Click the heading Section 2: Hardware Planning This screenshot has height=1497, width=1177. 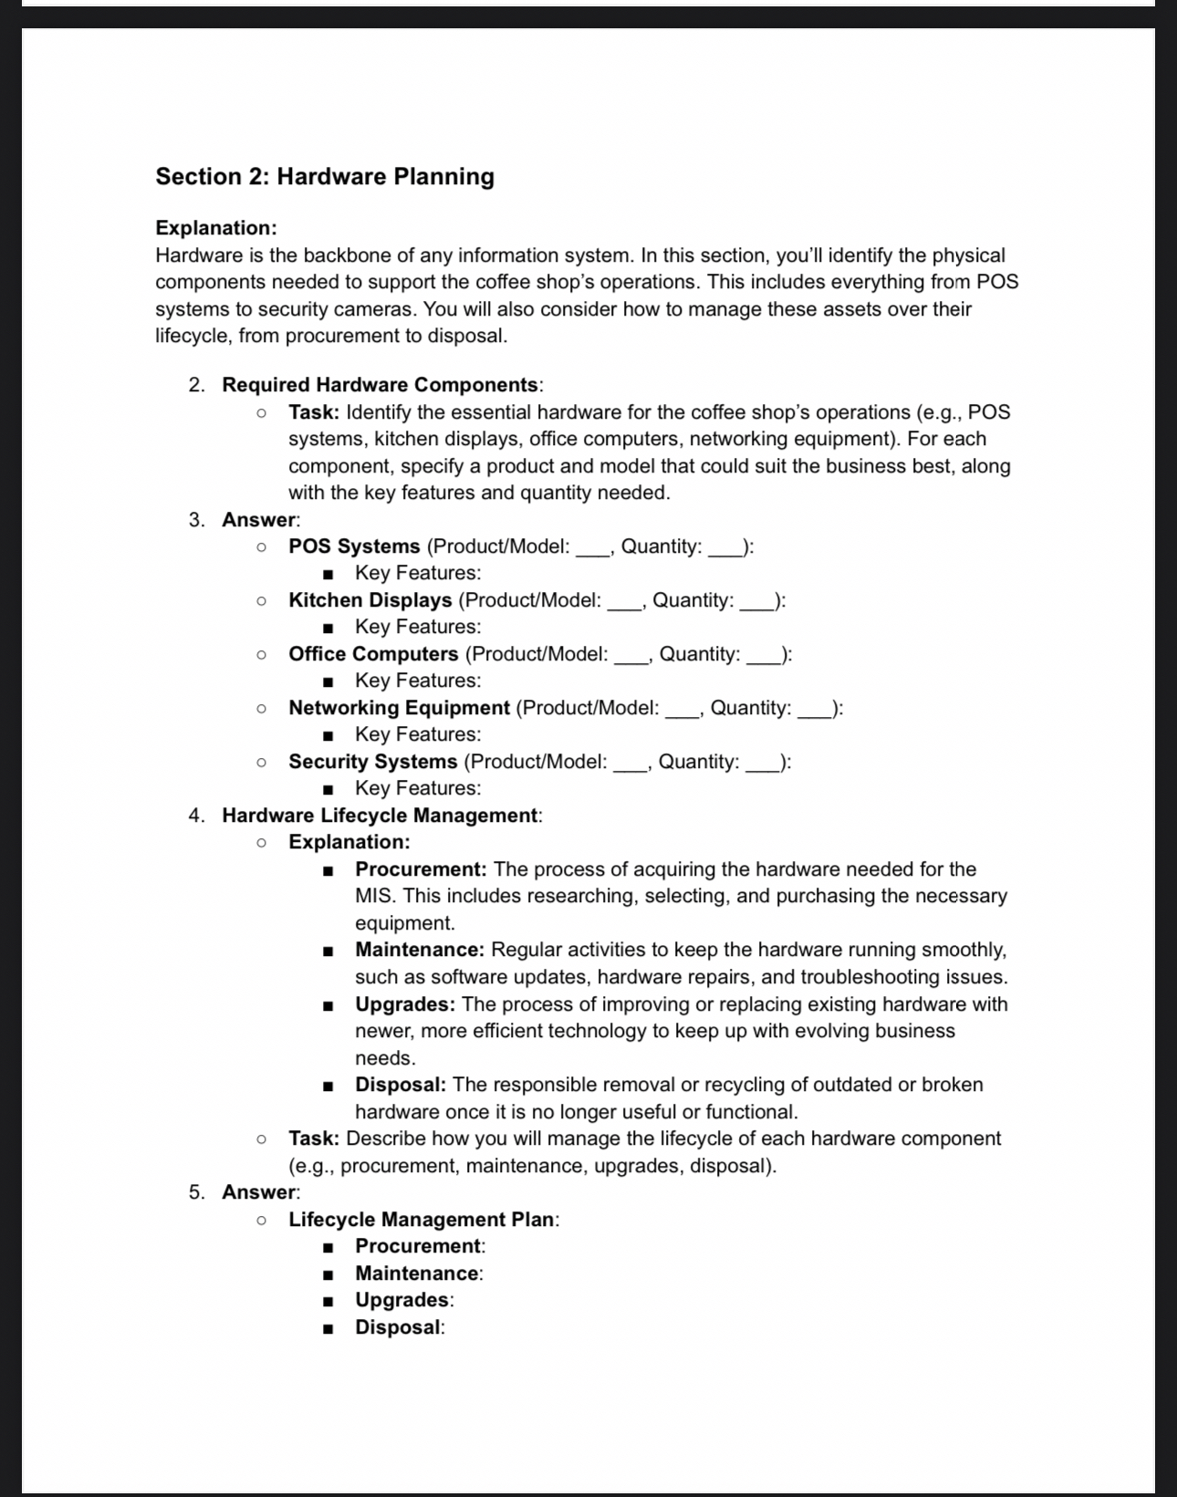324,176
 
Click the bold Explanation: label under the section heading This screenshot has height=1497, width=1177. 216,227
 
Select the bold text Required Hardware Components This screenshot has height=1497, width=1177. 380,385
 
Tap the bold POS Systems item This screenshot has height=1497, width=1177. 354,546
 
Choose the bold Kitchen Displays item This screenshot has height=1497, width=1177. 370,600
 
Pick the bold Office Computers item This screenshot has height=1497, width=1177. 373,654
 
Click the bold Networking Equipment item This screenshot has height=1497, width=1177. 399,708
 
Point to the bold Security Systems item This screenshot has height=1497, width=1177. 372,762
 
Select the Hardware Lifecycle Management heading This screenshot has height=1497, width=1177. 380,816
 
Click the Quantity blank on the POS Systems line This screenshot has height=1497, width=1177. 725,550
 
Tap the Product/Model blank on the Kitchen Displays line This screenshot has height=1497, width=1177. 625,604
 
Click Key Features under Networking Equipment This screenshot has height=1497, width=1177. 417,734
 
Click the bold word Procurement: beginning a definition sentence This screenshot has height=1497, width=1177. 421,869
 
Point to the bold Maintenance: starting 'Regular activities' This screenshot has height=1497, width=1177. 420,950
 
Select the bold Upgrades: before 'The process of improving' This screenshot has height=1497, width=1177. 405,1004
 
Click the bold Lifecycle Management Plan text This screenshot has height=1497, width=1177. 422,1220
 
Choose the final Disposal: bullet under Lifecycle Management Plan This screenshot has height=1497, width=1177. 399,1327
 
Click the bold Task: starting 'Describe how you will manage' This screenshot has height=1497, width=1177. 314,1138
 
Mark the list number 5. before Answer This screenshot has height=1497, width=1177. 197,1192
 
